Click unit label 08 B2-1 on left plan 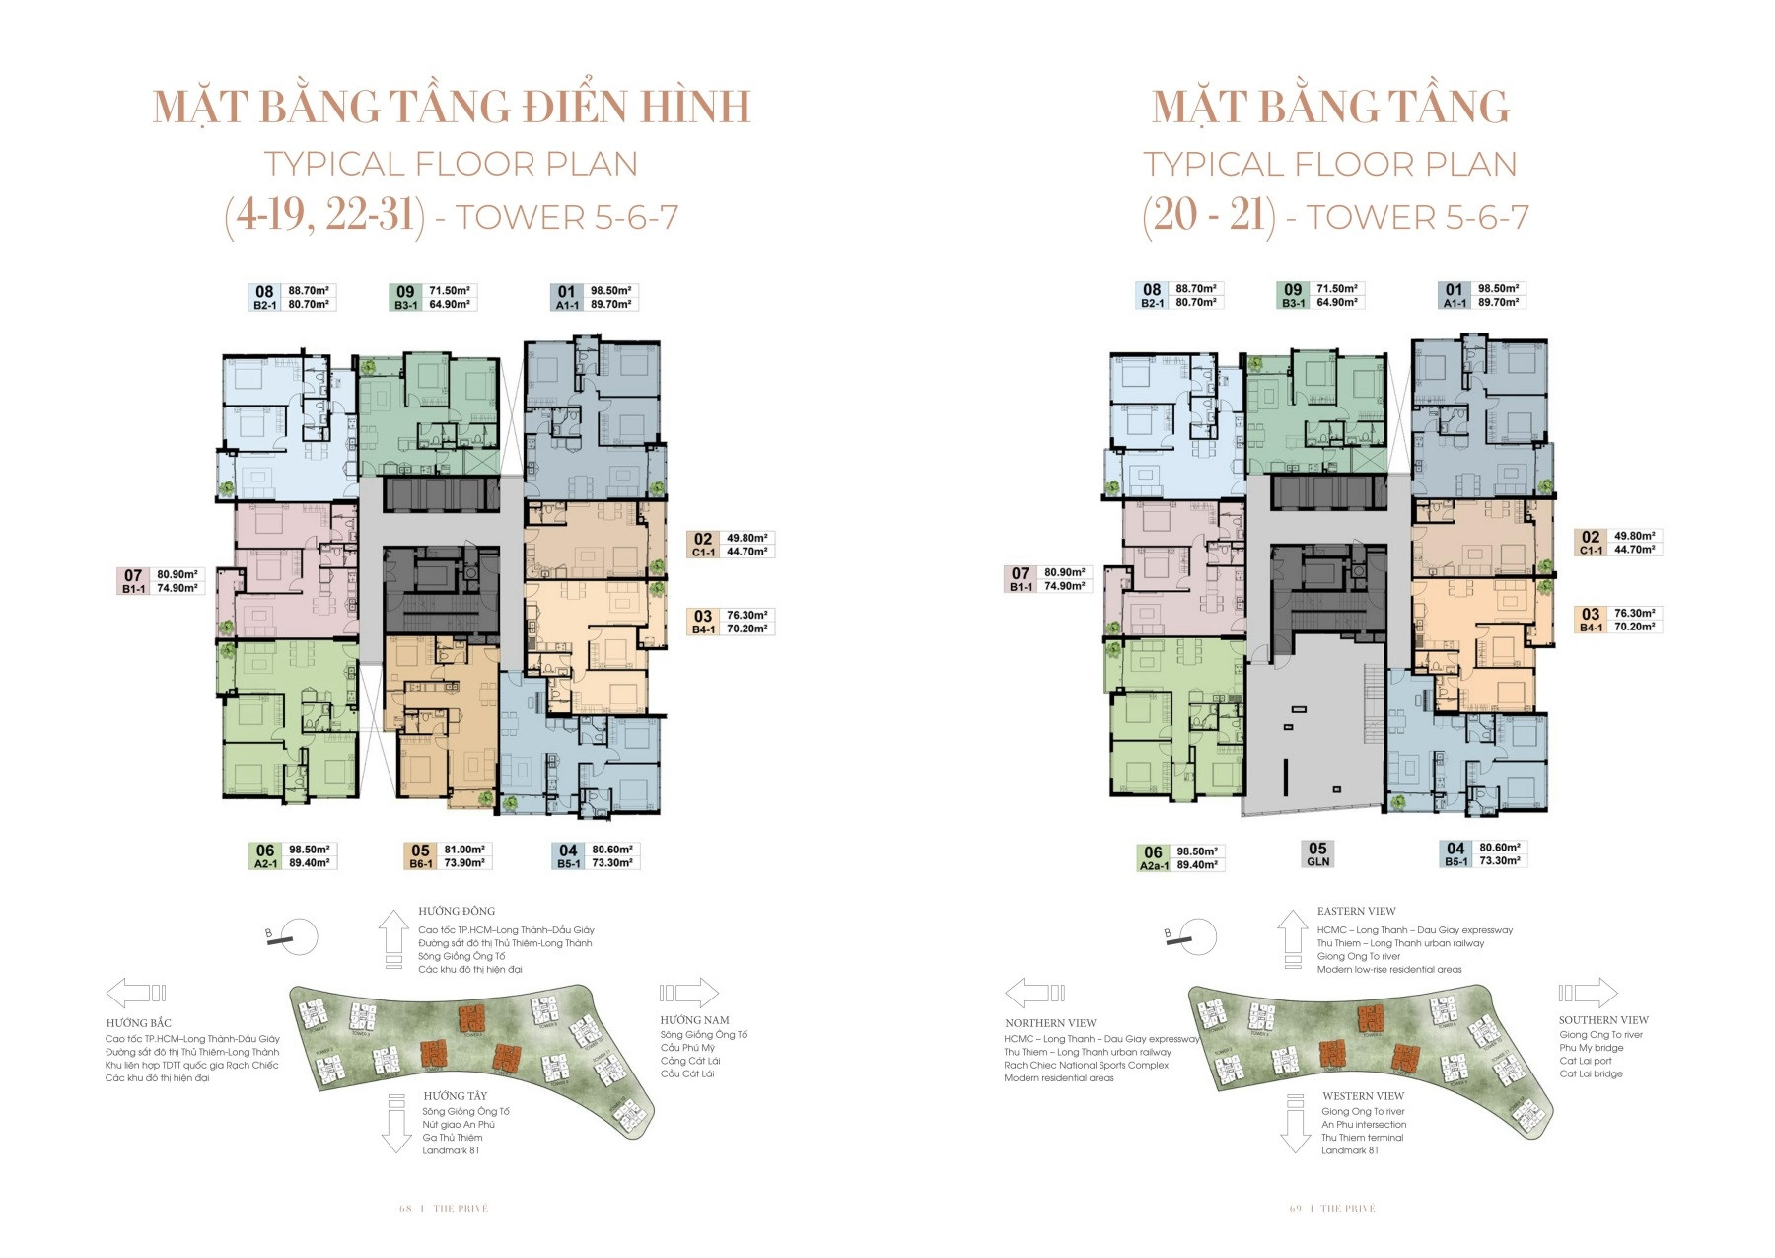coord(264,298)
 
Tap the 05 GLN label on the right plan coord(1317,854)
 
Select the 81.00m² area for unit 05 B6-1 coord(464,850)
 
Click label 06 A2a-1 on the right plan coord(1153,858)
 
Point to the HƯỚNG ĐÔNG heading coord(457,911)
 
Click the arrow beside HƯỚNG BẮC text coord(135,993)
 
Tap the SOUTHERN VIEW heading coord(1603,1020)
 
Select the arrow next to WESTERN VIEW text coord(1295,1124)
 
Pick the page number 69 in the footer coord(1296,1209)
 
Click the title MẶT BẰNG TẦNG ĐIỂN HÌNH coord(452,108)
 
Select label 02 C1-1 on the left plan coord(702,545)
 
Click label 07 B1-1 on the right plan coord(1021,579)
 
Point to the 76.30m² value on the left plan coord(746,616)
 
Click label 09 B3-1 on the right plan coord(1293,296)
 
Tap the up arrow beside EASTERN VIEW coord(1293,938)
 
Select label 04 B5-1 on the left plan coord(568,856)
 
